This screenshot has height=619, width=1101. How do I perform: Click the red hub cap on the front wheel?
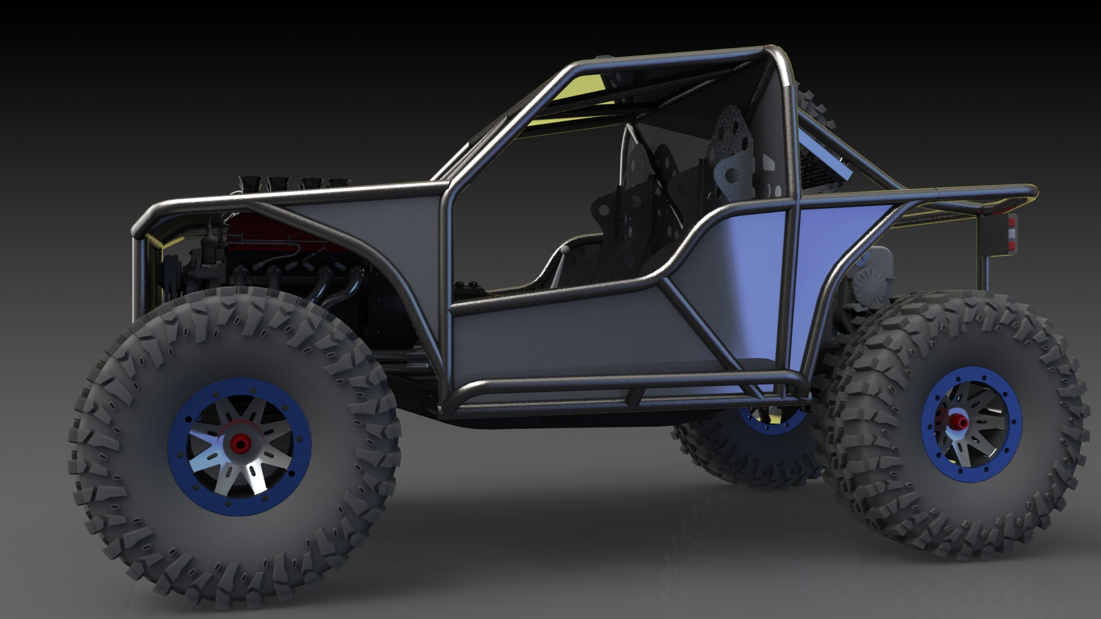pyautogui.click(x=240, y=442)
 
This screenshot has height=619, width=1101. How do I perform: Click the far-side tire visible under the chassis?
pyautogui.click(x=745, y=453)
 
